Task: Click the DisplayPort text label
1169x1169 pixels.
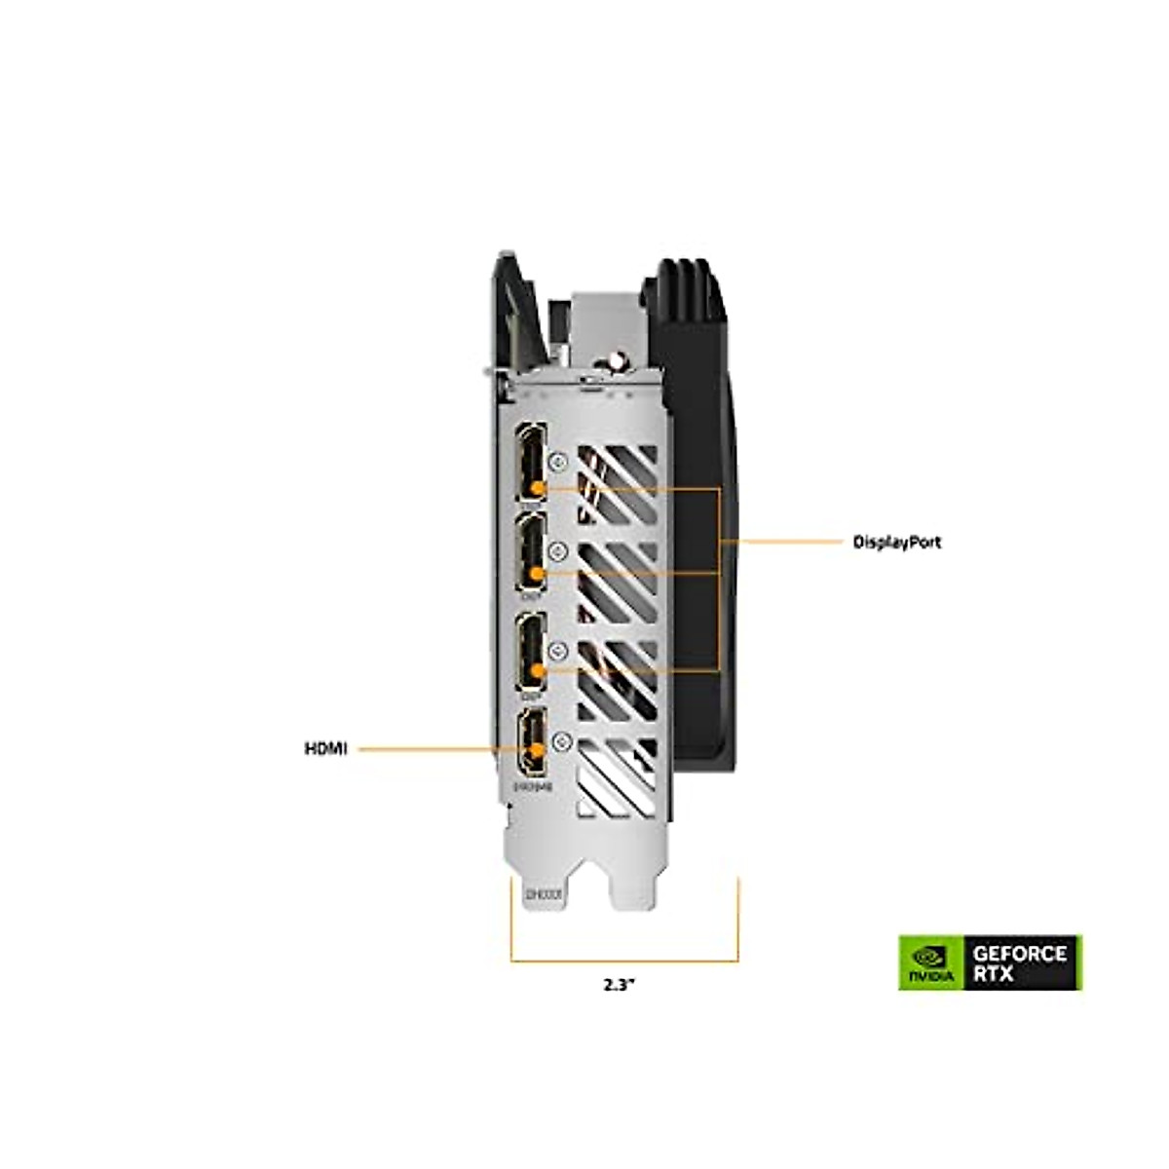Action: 897,543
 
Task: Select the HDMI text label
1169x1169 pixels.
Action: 325,749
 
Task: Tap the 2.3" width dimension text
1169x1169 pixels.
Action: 619,984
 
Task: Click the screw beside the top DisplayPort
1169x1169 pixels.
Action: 559,459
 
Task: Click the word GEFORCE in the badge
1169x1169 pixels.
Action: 1021,953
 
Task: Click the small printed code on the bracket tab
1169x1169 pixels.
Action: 539,893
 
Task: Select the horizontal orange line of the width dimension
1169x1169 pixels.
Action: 624,962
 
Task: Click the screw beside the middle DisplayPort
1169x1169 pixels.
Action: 559,552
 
